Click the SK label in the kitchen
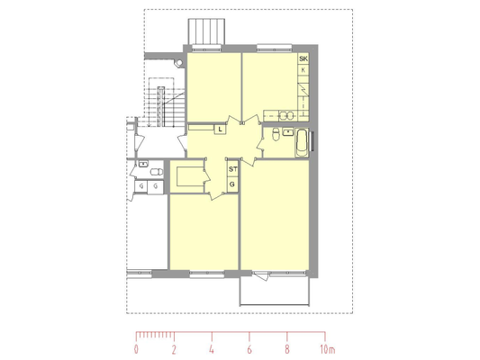click(303, 58)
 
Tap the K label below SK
click(303, 70)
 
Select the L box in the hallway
click(220, 129)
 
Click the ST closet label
click(233, 169)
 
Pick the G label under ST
click(232, 184)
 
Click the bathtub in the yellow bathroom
click(302, 143)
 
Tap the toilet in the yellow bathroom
click(276, 134)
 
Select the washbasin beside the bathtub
click(288, 132)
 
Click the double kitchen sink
click(287, 115)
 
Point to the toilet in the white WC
click(157, 172)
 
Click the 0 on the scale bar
click(136, 349)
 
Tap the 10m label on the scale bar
click(328, 349)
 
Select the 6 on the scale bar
click(249, 349)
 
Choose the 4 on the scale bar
click(212, 349)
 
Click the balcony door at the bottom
click(260, 275)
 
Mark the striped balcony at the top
click(206, 31)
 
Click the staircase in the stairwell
click(166, 107)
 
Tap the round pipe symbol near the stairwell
click(179, 63)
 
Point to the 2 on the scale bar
click(174, 349)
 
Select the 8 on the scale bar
click(287, 349)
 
